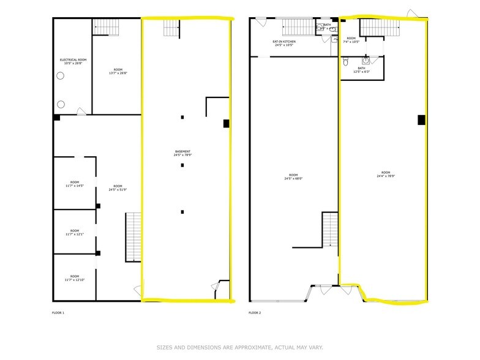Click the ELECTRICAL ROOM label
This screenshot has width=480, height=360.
[73, 61]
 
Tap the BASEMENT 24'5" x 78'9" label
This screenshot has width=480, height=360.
[182, 153]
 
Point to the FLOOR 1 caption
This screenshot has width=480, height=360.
[58, 313]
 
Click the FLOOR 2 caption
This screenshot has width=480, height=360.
[255, 313]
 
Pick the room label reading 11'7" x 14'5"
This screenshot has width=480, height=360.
[74, 183]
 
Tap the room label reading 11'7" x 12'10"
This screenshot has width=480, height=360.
[74, 278]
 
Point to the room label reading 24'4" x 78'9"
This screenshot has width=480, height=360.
[384, 174]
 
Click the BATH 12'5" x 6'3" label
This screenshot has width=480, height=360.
[361, 70]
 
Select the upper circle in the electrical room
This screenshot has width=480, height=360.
[61, 76]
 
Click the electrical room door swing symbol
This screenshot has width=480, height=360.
[80, 111]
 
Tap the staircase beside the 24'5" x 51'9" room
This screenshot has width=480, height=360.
[133, 237]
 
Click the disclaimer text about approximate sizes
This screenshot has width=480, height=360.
[239, 347]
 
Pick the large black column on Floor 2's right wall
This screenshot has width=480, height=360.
[421, 120]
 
